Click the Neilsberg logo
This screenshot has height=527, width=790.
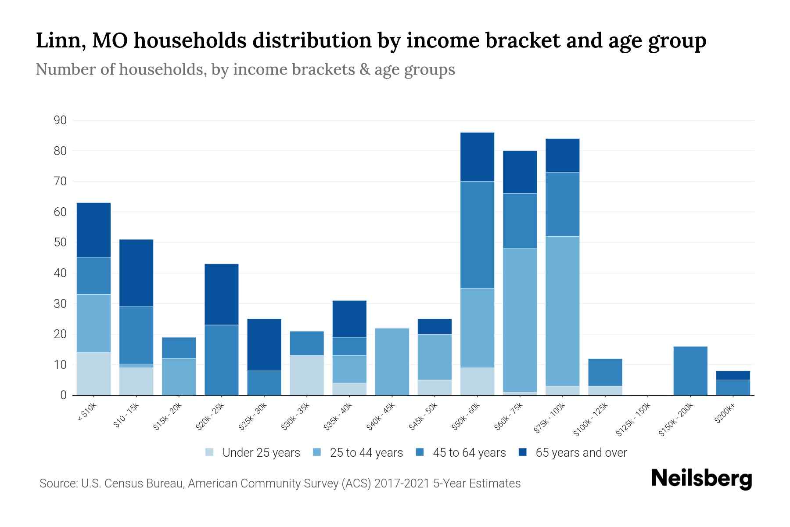click(x=701, y=479)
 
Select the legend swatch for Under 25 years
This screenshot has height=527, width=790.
click(x=210, y=452)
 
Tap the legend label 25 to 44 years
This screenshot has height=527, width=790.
click(x=366, y=453)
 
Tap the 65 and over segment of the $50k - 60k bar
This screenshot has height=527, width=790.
click(x=477, y=157)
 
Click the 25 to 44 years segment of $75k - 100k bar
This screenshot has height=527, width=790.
click(x=562, y=311)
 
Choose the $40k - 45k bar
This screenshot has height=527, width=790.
click(x=392, y=361)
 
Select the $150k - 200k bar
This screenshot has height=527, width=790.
click(x=690, y=371)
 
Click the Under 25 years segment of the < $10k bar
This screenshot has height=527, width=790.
click(x=93, y=374)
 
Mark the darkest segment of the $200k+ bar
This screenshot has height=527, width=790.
click(x=733, y=375)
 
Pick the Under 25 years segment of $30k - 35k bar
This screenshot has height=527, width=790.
click(x=307, y=375)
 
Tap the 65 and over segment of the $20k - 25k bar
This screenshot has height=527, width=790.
click(x=222, y=294)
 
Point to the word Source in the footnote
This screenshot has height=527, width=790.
click(x=57, y=484)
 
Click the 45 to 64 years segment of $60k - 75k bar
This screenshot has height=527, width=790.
click(x=520, y=221)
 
